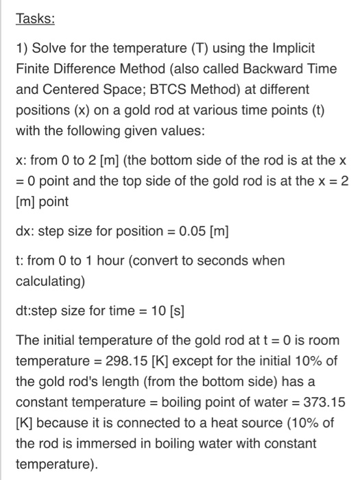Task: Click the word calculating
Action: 47,280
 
